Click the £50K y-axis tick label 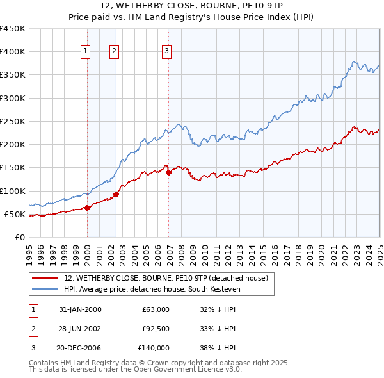15,214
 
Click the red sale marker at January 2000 88,208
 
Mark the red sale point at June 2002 116,194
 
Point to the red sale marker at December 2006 168,172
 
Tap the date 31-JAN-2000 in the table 80,309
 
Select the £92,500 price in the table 155,329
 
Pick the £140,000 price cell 154,348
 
